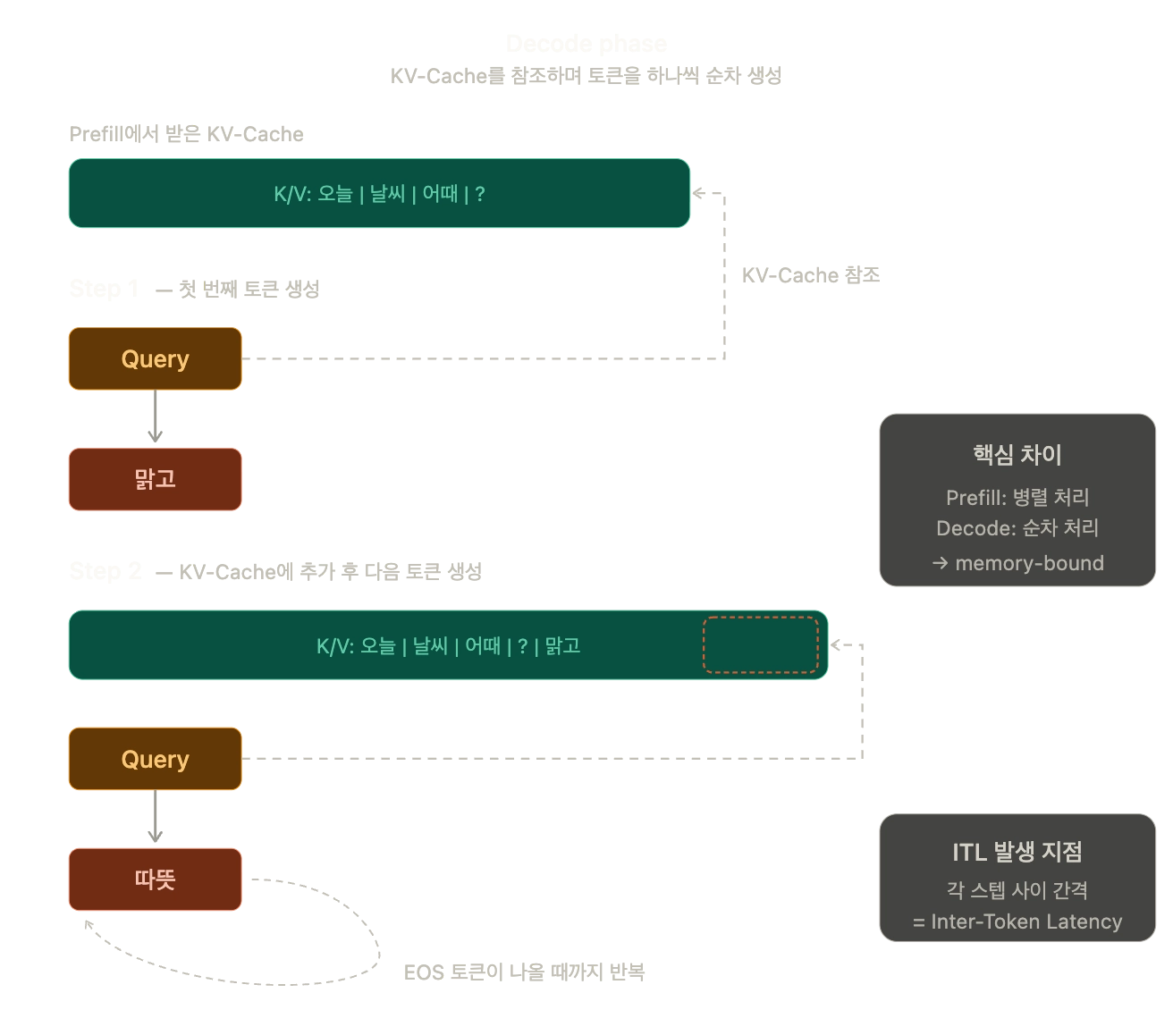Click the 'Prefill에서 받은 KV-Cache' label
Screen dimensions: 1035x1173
186,134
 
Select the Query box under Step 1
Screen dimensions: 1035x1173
155,358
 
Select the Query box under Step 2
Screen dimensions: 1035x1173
155,759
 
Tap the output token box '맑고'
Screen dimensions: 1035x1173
155,479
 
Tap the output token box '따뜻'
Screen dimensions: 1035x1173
155,879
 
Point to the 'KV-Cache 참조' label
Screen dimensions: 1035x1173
810,275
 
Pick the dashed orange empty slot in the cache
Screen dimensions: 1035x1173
761,644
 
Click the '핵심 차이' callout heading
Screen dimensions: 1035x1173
1017,455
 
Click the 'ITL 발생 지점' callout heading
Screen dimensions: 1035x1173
1017,852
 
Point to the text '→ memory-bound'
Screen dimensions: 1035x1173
1017,563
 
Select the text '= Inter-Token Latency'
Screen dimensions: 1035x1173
1017,921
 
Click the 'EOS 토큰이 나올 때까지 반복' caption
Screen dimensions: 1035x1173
524,972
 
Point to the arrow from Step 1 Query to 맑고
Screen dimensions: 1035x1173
155,417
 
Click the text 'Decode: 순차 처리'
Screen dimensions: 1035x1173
1017,528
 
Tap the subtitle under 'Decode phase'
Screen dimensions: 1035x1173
586,76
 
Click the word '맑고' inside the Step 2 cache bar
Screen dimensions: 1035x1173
562,645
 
